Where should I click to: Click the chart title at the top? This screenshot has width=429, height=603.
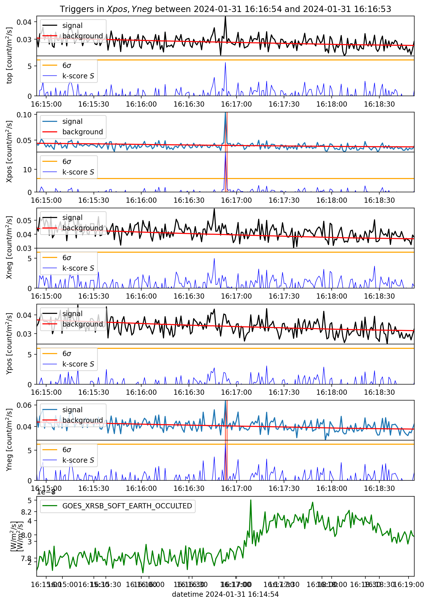tap(225, 9)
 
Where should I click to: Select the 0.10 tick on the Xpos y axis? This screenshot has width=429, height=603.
tap(24, 115)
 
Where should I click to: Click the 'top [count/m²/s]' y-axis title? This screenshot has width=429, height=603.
tap(9, 55)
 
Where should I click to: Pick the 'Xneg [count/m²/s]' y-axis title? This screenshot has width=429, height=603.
tap(9, 247)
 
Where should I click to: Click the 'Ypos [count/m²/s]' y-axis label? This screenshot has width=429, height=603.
tap(9, 344)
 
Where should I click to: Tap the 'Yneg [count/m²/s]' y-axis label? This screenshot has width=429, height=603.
tap(9, 440)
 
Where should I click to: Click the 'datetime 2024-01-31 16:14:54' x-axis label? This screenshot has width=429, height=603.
tap(225, 594)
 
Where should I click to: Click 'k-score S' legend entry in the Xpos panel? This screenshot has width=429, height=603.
tap(78, 172)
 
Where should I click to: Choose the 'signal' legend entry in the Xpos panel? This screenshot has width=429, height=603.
tap(72, 122)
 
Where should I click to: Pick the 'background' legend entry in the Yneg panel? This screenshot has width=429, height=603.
tap(82, 420)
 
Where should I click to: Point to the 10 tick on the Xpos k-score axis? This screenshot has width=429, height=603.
tap(27, 170)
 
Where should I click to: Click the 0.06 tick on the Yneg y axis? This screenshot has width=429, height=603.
tap(24, 405)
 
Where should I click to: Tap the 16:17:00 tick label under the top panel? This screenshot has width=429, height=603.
tap(236, 104)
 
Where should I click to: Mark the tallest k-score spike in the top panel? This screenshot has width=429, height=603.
tap(225, 63)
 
